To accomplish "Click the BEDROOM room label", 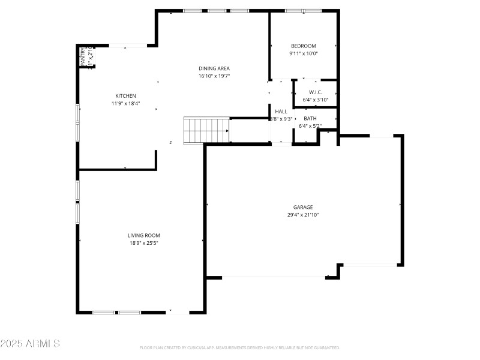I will pos(303,46).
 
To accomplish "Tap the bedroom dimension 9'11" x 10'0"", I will pos(303,53).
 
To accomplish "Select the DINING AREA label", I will pos(214,68).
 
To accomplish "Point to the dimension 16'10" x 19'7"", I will pos(214,76).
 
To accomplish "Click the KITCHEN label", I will pos(125,96).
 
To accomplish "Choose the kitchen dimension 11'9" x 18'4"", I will pos(125,103).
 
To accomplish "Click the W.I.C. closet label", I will pos(316,92).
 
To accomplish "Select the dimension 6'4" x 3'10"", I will pos(316,100).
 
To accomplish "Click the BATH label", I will pos(310,118).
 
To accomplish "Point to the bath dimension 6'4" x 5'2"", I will pos(310,126).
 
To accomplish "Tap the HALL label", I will pos(281,111).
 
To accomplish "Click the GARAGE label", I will pos(303,207).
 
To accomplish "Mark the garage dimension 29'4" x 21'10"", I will pos(303,215).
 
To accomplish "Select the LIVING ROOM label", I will pos(143,235).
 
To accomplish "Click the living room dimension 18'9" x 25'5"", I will pos(143,243).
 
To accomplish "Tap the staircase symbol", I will pos(206,130).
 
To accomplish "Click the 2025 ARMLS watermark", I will pos(30,344).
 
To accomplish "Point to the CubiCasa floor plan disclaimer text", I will pos(240,347).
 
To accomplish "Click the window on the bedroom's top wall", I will pos(303,11).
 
